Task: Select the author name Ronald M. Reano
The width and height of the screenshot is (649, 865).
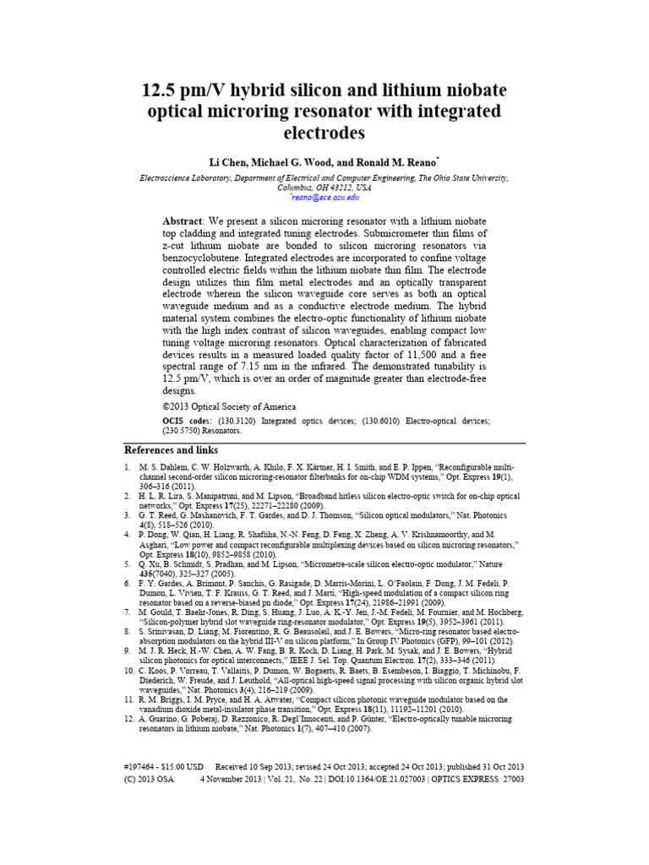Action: point(404,160)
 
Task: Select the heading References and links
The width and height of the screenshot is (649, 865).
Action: point(171,450)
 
